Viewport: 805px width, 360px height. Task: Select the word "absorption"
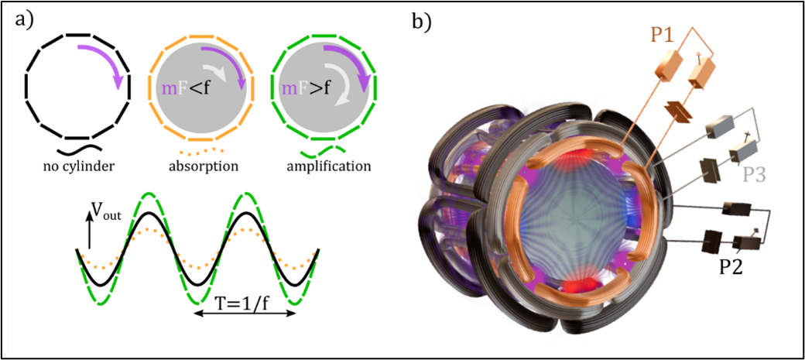pos(200,166)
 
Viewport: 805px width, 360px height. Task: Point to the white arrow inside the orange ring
pos(215,72)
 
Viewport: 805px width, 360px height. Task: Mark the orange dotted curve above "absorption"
pos(200,151)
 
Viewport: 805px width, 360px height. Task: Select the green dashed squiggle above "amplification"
pos(322,150)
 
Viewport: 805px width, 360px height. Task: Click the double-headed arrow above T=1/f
pos(245,314)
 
